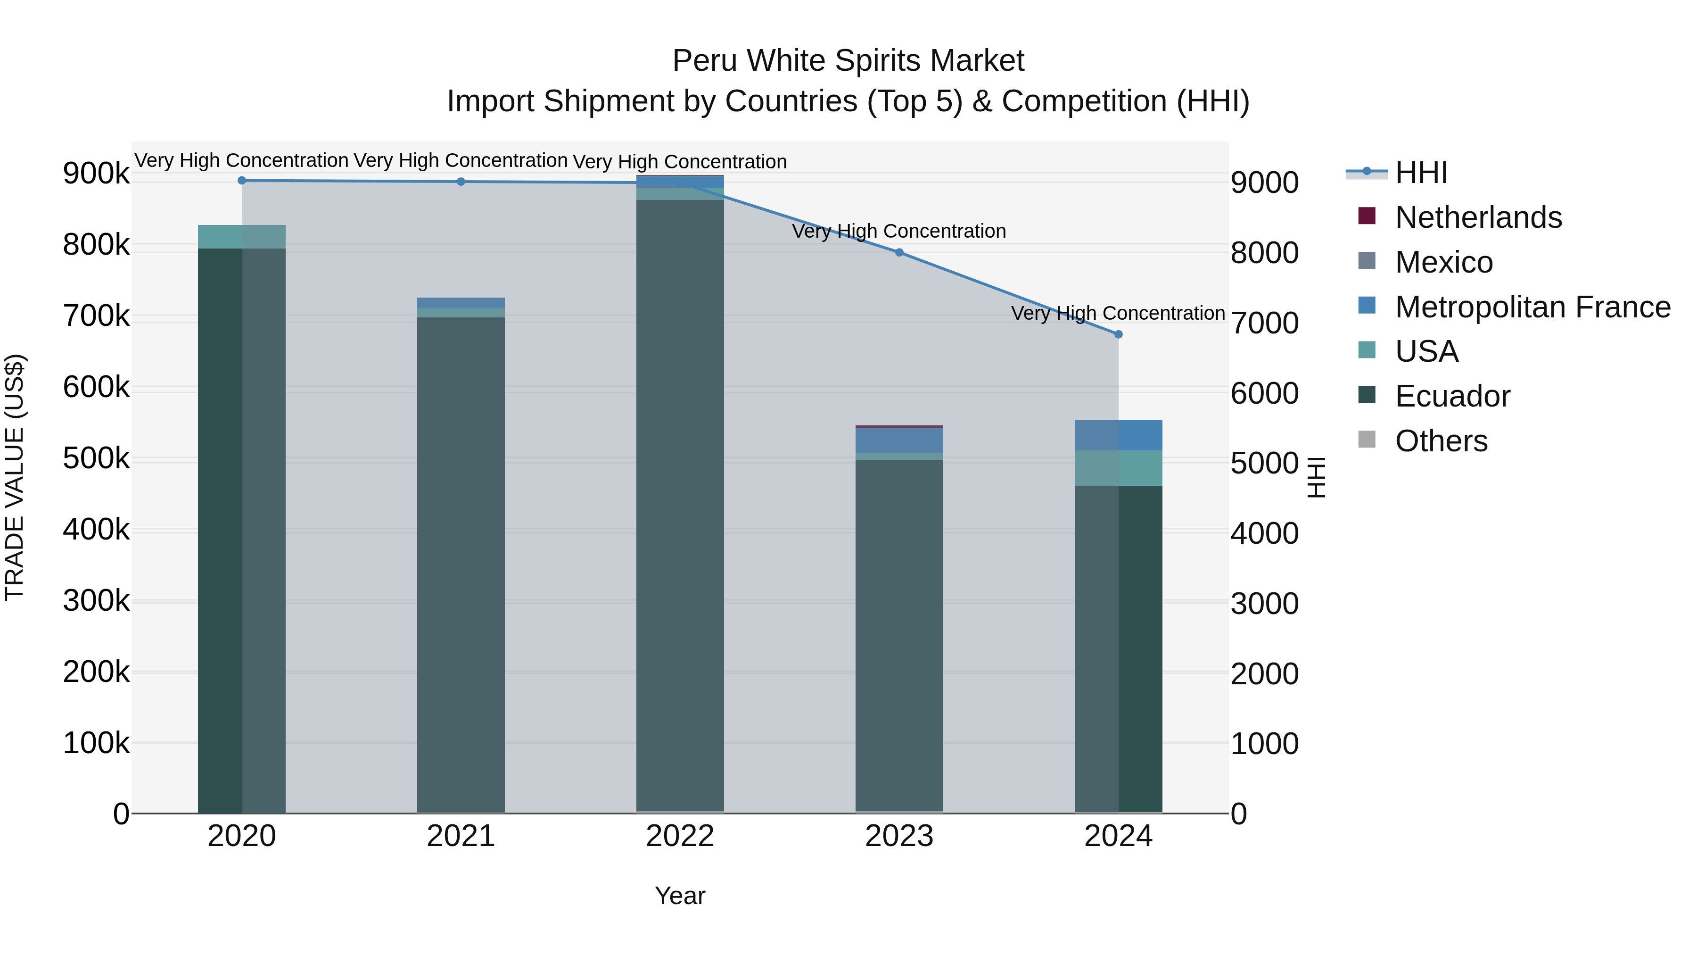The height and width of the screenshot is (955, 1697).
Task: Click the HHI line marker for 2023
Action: click(x=899, y=252)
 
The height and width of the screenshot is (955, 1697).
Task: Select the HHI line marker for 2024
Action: click(x=1118, y=334)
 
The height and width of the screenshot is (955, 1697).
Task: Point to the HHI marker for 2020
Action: click(x=242, y=181)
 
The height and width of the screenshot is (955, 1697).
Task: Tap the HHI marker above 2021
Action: click(x=461, y=182)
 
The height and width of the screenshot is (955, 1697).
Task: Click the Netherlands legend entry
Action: click(x=1478, y=217)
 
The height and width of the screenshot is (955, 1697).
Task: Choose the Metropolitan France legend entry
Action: click(x=1532, y=307)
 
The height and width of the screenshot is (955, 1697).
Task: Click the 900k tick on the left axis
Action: click(x=96, y=174)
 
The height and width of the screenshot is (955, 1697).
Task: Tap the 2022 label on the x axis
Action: click(x=680, y=836)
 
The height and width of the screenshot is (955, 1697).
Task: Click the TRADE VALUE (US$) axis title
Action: click(x=15, y=477)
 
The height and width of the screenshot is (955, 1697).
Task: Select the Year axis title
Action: click(x=680, y=896)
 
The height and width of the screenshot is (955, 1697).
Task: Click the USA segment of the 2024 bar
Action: click(x=1118, y=468)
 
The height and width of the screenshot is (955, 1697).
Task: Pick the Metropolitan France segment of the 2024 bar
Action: click(x=1118, y=435)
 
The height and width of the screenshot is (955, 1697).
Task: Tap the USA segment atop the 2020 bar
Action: click(x=242, y=237)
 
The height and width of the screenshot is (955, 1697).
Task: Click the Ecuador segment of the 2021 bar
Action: click(x=461, y=560)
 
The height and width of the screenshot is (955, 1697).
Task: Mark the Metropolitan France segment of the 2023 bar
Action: click(x=899, y=440)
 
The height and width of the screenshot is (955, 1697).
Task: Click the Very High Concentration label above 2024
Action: click(x=1118, y=313)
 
